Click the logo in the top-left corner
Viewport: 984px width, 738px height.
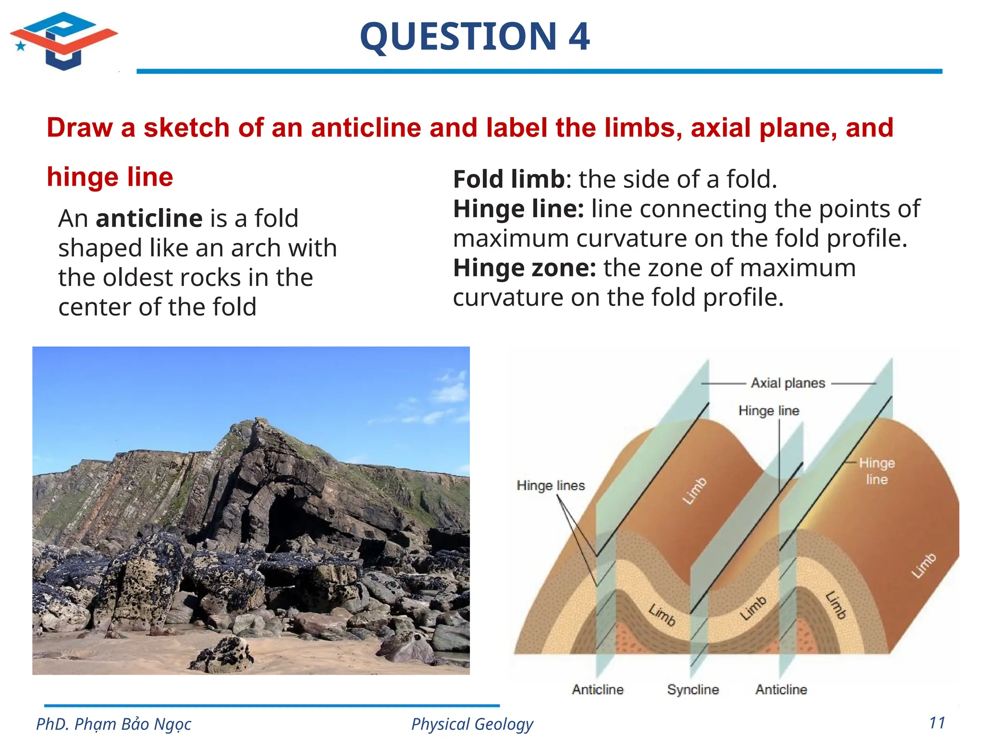(64, 41)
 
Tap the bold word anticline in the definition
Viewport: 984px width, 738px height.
(149, 219)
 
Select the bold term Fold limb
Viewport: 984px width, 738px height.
(509, 179)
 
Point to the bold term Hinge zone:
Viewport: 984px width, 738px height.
(524, 268)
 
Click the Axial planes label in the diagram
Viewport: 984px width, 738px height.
(788, 383)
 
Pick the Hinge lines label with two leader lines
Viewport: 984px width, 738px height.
(551, 485)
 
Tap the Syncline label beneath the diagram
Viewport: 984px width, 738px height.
(693, 689)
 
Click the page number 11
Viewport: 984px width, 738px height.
(937, 723)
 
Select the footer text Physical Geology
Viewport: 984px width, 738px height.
(472, 724)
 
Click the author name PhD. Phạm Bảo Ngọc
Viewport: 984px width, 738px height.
(114, 724)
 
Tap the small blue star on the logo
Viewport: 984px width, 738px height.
(21, 46)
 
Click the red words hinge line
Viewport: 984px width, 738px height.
(110, 177)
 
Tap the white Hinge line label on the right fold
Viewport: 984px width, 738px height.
(876, 471)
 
